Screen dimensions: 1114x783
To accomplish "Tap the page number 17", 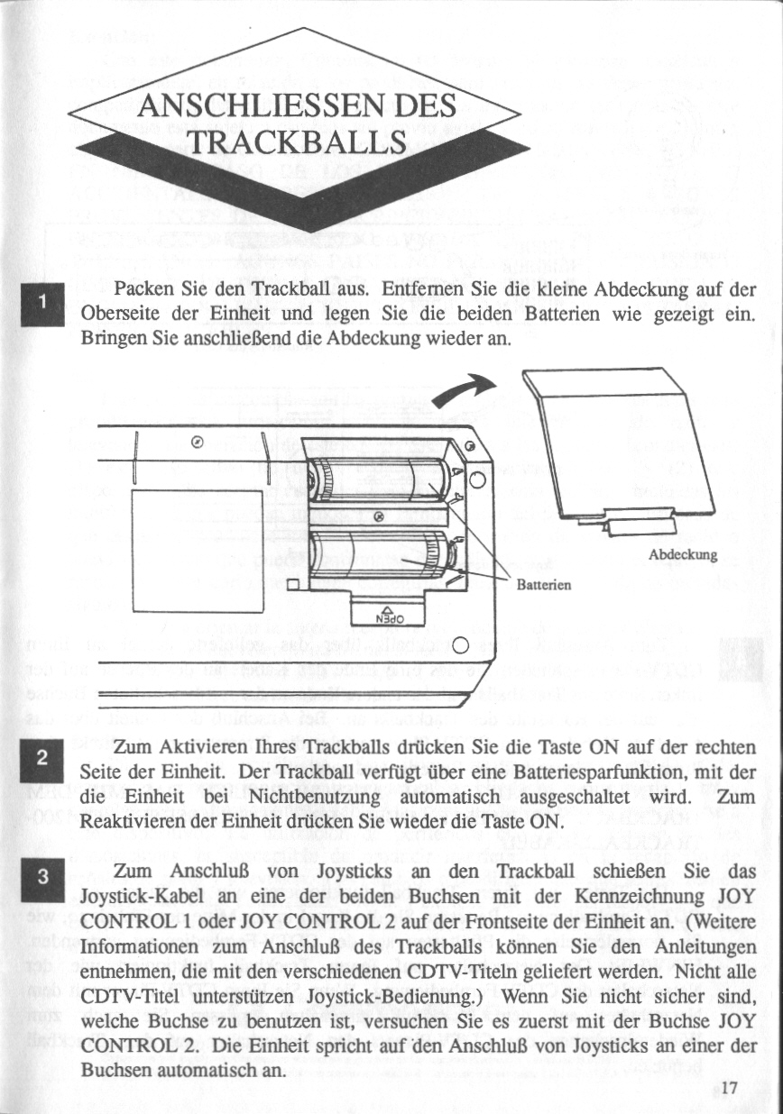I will [x=729, y=1086].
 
